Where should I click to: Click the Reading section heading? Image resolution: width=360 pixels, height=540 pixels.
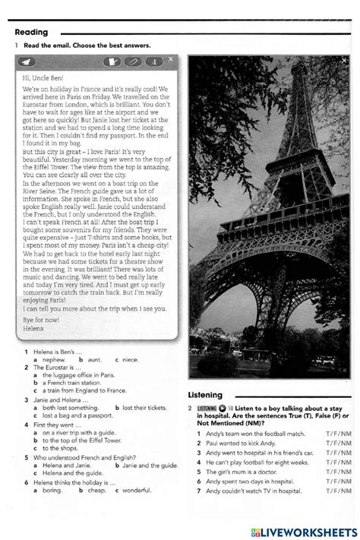(31, 32)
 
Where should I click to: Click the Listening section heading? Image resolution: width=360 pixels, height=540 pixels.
(205, 395)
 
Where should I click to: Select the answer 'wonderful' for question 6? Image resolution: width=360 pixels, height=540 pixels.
(137, 490)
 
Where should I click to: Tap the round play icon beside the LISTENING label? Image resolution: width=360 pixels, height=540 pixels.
(223, 408)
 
